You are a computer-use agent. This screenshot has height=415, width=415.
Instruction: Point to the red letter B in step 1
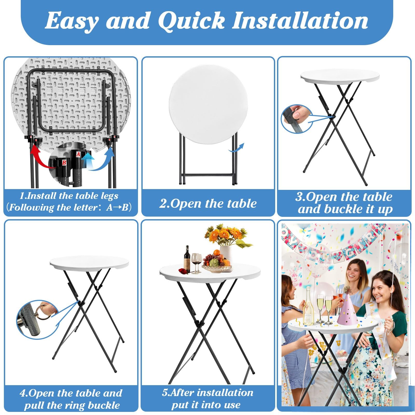pyautogui.click(x=64, y=163)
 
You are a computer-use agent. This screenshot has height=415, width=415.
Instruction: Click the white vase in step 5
pyautogui.click(x=226, y=255)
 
